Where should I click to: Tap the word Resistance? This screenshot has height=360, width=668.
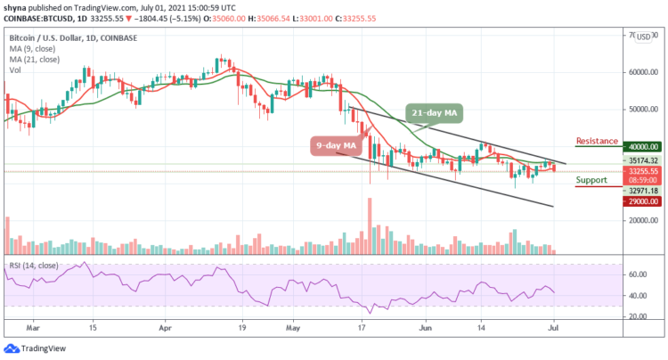click(599, 141)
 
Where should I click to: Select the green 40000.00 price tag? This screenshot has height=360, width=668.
click(642, 147)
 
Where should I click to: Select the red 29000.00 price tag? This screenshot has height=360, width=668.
click(642, 201)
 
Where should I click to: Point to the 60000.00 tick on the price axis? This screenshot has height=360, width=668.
click(642, 72)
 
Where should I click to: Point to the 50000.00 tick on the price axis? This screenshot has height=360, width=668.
click(642, 110)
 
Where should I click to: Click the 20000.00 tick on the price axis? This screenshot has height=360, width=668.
click(642, 223)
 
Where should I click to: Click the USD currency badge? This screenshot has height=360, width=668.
click(642, 37)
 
